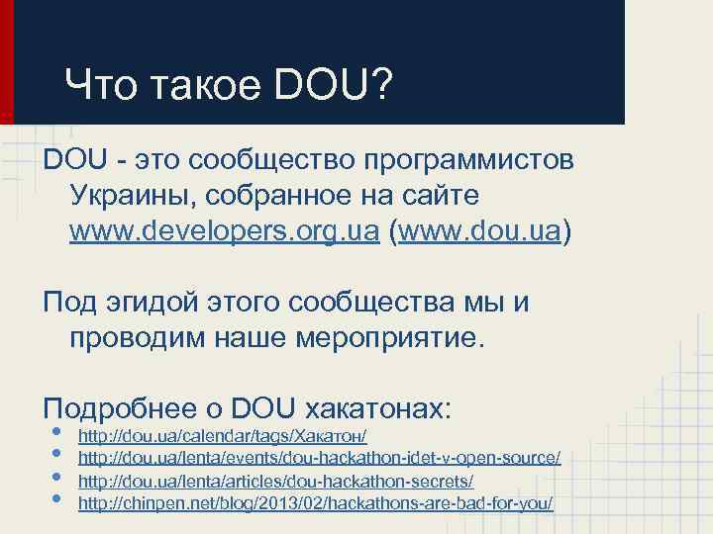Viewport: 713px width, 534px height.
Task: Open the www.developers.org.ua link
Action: tap(224, 231)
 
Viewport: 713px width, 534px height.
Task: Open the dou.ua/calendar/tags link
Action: tap(223, 435)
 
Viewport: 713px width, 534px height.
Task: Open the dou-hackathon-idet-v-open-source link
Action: tap(319, 459)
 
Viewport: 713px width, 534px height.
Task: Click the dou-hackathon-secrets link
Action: tap(275, 482)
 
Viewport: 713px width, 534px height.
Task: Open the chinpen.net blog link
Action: tap(315, 504)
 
